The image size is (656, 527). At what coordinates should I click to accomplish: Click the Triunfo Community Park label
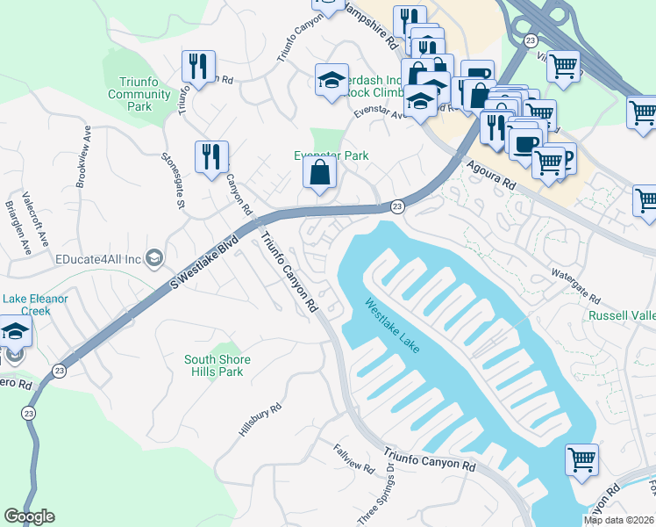click(129, 93)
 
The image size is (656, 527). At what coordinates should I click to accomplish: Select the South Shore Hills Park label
click(217, 365)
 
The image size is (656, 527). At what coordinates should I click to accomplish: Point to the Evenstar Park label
click(331, 155)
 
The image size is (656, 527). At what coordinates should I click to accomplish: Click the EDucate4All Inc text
click(96, 258)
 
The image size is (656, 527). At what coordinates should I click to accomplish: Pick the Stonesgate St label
click(171, 181)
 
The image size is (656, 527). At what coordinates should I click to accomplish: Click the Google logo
click(29, 516)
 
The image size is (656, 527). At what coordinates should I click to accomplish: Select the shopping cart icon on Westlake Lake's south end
click(581, 459)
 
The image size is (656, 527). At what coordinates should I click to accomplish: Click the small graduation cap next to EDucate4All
click(154, 257)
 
